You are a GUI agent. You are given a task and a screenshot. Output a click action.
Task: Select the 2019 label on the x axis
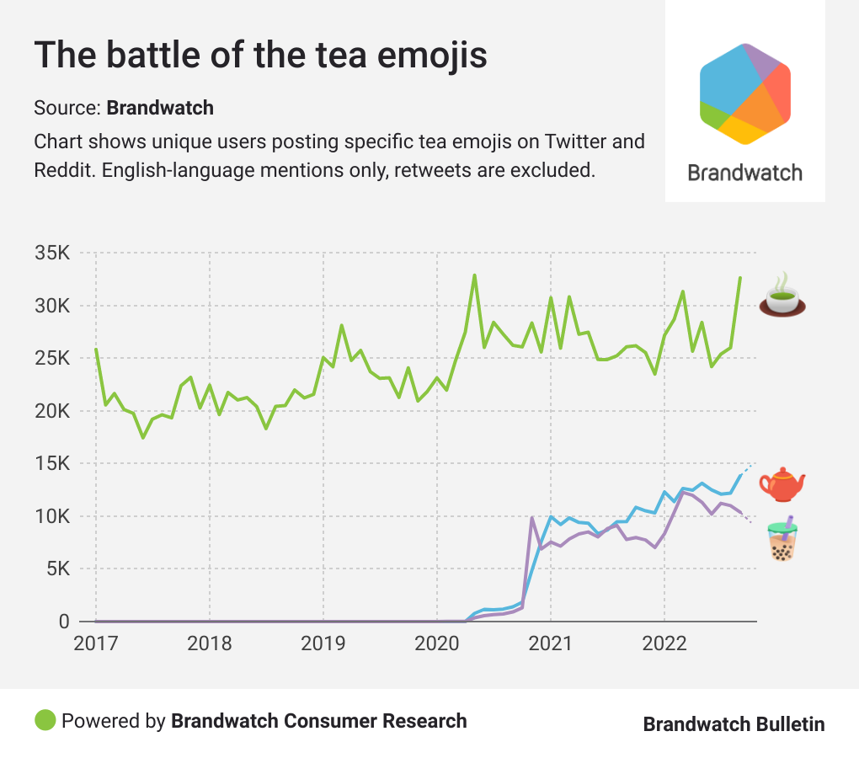pyautogui.click(x=323, y=644)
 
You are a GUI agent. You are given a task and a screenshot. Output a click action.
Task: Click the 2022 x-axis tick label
pyautogui.click(x=664, y=644)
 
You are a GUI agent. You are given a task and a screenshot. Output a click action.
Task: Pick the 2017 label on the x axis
pyautogui.click(x=95, y=644)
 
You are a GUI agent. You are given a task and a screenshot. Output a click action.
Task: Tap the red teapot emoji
pyautogui.click(x=782, y=484)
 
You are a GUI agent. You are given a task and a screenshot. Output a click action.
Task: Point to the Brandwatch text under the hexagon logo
pyautogui.click(x=744, y=173)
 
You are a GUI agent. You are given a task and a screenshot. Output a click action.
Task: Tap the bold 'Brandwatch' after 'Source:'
pyautogui.click(x=160, y=108)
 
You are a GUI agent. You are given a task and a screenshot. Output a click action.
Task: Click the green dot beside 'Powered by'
pyautogui.click(x=45, y=721)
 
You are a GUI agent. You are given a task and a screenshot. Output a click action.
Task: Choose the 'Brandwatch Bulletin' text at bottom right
pyautogui.click(x=734, y=724)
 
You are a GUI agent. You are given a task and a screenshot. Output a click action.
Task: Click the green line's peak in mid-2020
pyautogui.click(x=474, y=275)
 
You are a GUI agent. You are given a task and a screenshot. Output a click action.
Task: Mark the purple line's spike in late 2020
pyautogui.click(x=531, y=518)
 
